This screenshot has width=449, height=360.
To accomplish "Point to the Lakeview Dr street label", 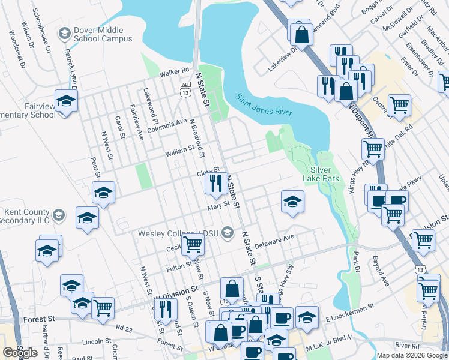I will coord(282,60).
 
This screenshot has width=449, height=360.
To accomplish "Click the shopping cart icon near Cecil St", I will coord(193,244).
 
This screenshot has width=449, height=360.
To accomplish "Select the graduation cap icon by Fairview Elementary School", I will coord(66,100).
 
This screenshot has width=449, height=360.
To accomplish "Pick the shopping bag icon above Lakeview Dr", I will coord(303,34).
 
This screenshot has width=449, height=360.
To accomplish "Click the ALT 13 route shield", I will coord(185,90).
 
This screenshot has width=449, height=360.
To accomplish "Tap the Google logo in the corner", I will coord(20,353).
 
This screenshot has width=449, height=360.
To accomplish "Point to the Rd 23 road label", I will coord(124,328).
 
